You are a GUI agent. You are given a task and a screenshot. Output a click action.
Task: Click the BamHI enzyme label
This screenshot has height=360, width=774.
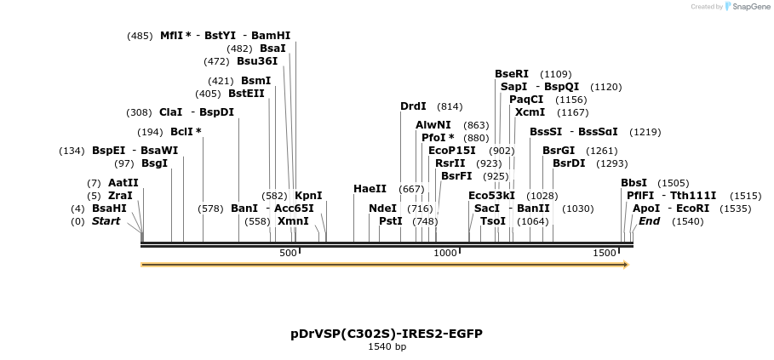[x=271, y=36]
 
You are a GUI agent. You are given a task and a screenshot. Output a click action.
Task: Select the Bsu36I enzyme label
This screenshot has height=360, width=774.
[x=257, y=61]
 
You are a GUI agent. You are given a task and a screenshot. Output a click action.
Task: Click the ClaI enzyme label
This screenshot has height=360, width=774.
[x=171, y=112]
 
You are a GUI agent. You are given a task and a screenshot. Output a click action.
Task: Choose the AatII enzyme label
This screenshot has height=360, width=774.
[x=123, y=183]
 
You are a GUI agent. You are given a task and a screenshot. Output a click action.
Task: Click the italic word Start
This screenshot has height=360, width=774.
[x=106, y=221]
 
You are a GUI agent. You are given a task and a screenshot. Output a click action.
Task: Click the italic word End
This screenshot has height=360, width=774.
[x=649, y=221]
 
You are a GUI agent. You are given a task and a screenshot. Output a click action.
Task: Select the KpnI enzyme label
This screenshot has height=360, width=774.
[x=308, y=196]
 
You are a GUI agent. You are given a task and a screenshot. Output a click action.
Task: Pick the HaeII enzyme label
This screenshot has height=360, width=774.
[x=370, y=189]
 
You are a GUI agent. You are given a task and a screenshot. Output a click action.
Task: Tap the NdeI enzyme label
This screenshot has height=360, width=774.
[x=382, y=209]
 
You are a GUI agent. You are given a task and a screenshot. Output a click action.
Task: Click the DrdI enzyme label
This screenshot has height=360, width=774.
[x=413, y=106]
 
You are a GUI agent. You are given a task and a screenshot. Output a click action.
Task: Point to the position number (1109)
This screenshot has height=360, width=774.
[x=556, y=74]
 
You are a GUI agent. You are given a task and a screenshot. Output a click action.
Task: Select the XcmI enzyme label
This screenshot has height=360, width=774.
[x=530, y=112]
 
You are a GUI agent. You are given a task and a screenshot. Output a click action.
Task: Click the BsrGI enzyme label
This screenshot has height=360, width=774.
[x=559, y=151]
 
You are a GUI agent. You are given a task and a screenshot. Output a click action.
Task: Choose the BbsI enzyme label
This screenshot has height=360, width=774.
[x=634, y=183]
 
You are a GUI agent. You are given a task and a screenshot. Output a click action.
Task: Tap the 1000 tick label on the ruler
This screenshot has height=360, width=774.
[x=445, y=254]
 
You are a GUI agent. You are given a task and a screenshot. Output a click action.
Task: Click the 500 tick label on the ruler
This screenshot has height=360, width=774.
[x=288, y=254]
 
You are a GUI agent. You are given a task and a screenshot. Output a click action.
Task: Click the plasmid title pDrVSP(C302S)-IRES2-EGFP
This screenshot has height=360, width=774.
[x=387, y=334]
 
